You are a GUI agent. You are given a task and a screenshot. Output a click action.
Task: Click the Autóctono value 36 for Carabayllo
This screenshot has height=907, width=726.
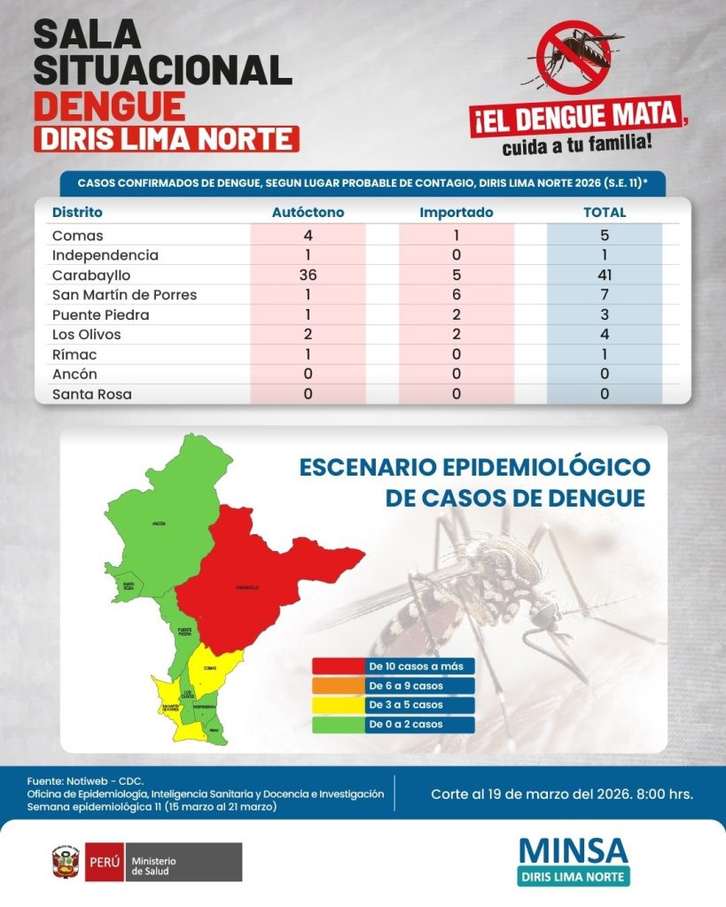308,275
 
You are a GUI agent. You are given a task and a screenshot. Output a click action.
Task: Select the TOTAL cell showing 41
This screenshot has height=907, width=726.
605,275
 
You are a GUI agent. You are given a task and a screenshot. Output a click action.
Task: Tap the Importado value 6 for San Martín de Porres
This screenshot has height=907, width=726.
456,295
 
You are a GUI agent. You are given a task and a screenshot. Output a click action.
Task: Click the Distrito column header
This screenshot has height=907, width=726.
77,213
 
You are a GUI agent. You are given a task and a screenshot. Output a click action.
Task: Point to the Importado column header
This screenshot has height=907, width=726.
456,213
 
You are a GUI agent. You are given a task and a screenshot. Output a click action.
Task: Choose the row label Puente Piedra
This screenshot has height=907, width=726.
100,315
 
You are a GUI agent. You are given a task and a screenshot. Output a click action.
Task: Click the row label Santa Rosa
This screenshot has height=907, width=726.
92,394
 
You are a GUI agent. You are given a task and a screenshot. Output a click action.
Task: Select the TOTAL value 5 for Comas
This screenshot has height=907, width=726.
605,236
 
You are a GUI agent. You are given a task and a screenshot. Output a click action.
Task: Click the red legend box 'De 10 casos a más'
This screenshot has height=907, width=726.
394,666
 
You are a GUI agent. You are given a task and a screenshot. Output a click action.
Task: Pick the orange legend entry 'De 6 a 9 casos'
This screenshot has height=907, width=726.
394,686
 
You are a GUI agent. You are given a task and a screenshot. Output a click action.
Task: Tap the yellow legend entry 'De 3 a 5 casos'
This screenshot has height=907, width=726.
394,705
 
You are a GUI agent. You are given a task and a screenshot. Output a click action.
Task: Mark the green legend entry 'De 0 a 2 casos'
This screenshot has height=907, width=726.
394,725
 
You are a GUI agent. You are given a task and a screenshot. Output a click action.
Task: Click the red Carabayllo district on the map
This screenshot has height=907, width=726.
257,576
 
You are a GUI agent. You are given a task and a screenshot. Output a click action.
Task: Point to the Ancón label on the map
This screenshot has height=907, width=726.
160,523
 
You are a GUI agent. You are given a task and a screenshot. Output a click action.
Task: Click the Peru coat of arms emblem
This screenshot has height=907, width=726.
66,862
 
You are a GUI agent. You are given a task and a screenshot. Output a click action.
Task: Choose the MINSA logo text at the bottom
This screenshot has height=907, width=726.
574,849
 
